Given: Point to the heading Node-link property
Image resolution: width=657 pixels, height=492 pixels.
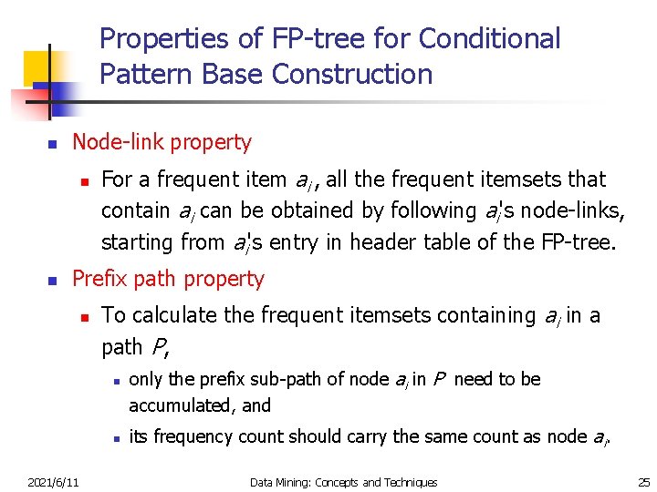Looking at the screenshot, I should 162,142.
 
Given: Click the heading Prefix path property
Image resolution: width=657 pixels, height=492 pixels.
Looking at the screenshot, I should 168,279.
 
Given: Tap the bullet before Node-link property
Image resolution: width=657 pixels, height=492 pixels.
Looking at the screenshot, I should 52,144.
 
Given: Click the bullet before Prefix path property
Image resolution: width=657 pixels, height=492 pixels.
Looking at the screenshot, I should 52,281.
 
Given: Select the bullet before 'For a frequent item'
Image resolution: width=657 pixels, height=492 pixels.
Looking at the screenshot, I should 83,180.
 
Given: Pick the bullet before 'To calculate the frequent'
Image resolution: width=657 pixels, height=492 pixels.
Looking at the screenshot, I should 83,317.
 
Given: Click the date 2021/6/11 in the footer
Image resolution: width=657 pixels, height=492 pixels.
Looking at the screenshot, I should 52,482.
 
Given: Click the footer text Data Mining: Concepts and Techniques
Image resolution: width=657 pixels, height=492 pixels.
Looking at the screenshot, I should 343,482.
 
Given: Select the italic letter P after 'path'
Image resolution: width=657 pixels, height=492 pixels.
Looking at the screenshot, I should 160,347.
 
